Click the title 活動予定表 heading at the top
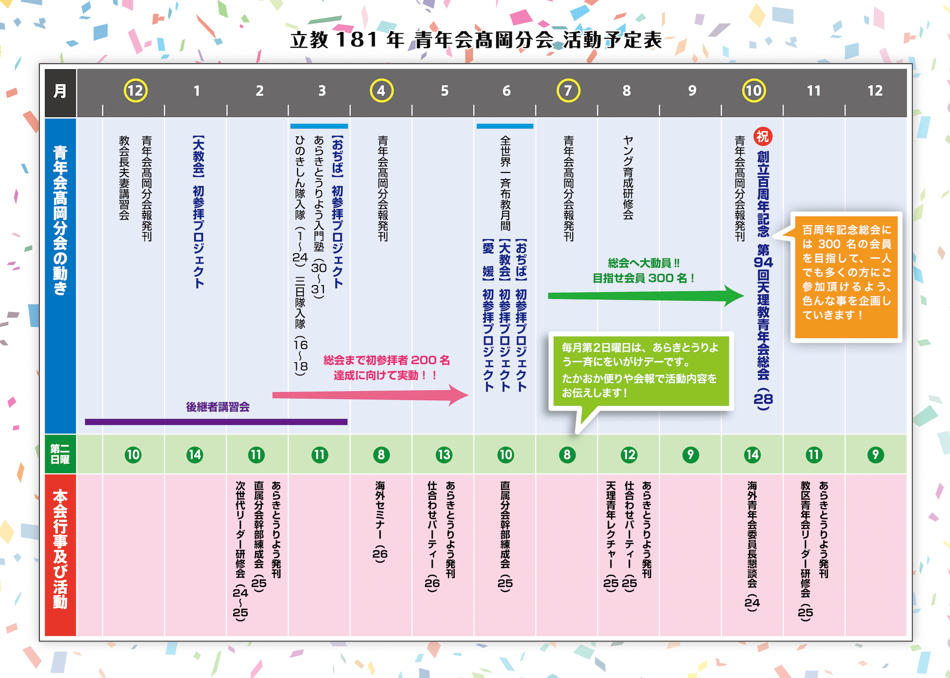[x=476, y=40]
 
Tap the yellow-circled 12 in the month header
[x=135, y=90]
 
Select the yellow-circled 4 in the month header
[x=381, y=90]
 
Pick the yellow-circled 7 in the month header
[x=568, y=90]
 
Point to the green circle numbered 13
[x=443, y=455]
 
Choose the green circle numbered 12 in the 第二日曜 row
[x=629, y=455]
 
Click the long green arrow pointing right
[x=644, y=296]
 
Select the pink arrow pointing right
[x=369, y=395]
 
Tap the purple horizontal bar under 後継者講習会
[x=216, y=422]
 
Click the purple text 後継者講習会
[x=218, y=407]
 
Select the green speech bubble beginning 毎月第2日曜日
[x=640, y=371]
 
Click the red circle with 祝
[x=762, y=136]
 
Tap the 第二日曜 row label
[x=60, y=454]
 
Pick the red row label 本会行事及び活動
[x=60, y=549]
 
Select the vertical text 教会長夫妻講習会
[x=124, y=178]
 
